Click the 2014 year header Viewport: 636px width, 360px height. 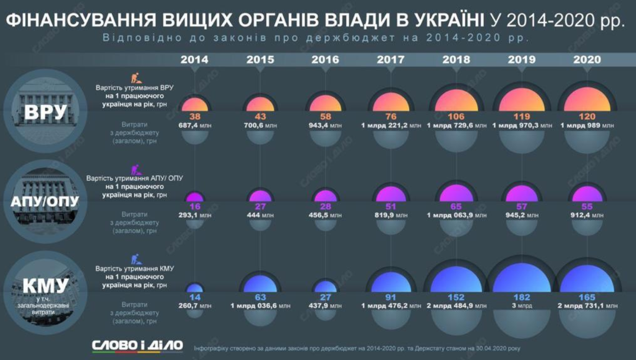[x=195, y=60]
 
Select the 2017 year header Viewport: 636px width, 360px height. [x=391, y=60]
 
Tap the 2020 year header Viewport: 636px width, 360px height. [x=587, y=60]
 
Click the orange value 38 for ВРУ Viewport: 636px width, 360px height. [x=195, y=116]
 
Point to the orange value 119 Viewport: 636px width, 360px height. [x=522, y=116]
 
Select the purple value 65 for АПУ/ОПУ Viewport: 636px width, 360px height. [x=456, y=206]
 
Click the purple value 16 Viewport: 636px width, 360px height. [x=195, y=206]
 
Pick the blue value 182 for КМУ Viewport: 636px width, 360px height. [x=522, y=297]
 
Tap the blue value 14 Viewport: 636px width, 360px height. [x=195, y=297]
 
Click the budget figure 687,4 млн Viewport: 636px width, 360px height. [x=195, y=126]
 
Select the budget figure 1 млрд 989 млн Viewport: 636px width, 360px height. [x=587, y=126]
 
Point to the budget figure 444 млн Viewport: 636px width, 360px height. [x=260, y=215]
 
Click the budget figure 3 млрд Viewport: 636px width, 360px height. [x=522, y=306]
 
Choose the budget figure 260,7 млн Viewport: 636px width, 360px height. [x=195, y=306]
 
